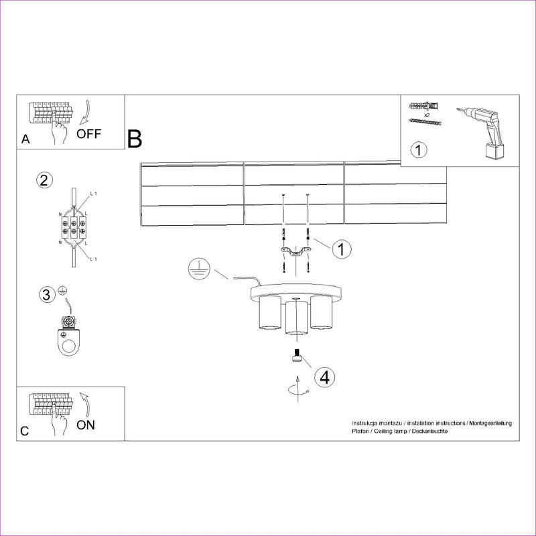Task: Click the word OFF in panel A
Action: tap(89, 133)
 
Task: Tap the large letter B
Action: tap(135, 139)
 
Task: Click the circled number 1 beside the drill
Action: tap(418, 149)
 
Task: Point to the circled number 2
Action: tap(45, 180)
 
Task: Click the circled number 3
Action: tap(46, 294)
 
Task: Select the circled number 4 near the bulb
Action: tap(324, 377)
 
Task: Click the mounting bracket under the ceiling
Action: tap(294, 252)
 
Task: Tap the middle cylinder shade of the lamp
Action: tap(294, 319)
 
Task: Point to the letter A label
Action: tap(25, 140)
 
